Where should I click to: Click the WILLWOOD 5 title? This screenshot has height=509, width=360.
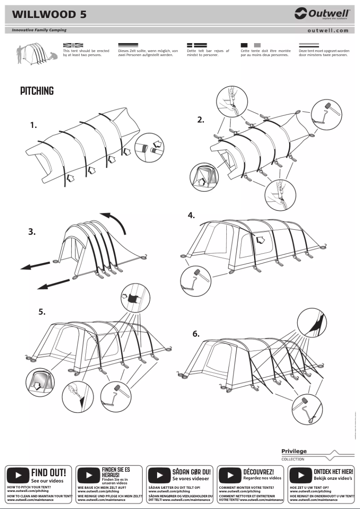click(49, 14)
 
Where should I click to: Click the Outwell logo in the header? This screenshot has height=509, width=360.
click(322, 14)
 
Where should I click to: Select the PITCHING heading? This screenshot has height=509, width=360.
click(37, 91)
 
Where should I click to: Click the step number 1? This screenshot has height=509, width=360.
click(34, 126)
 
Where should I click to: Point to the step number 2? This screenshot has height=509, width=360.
click(201, 119)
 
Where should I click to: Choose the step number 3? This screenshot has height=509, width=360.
click(32, 232)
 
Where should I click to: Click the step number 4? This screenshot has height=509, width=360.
click(191, 215)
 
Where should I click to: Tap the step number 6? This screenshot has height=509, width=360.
click(196, 334)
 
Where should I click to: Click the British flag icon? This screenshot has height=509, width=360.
click(73, 45)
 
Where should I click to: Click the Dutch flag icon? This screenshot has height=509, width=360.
click(309, 45)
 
